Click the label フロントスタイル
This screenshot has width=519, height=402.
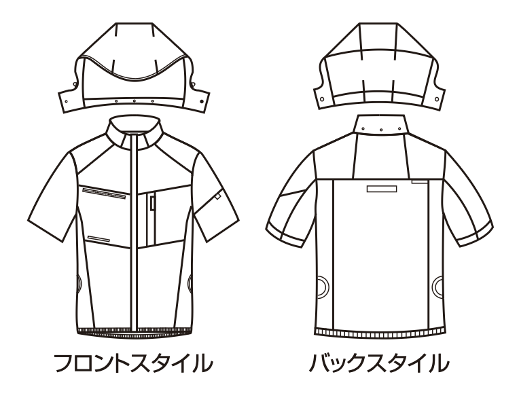click(133, 363)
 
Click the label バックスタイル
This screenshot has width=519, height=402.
click(379, 363)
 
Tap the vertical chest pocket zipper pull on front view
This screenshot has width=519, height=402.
click(152, 203)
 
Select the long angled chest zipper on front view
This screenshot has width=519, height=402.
click(104, 194)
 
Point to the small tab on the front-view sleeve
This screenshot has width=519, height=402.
click(218, 196)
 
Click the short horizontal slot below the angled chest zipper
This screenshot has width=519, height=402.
click(99, 238)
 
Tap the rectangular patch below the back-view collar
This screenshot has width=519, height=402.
click(382, 189)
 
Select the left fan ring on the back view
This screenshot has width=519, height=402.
click(323, 285)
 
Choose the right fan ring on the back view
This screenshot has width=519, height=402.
click(438, 285)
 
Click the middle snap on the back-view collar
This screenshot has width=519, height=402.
click(381, 130)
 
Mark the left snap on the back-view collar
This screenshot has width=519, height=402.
click(363, 129)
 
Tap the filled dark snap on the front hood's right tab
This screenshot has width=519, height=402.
click(202, 100)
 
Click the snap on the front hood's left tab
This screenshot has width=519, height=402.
click(66, 102)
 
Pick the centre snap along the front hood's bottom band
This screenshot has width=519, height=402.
click(134, 101)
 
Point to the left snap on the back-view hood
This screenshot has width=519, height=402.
click(322, 98)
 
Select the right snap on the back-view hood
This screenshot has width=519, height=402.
click(437, 99)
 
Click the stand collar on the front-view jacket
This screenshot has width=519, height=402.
click(134, 132)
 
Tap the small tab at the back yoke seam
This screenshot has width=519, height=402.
click(419, 181)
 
